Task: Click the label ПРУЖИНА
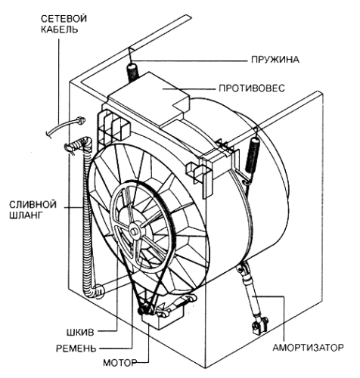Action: click(275, 60)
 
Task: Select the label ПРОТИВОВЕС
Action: click(252, 88)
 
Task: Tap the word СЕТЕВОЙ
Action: click(64, 19)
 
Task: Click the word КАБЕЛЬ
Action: click(59, 29)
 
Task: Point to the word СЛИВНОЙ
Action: click(33, 204)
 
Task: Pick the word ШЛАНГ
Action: click(25, 215)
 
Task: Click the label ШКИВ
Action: click(80, 333)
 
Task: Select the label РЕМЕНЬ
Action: click(76, 349)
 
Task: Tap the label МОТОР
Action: click(120, 363)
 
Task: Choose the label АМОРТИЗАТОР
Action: click(308, 348)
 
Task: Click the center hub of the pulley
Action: click(133, 231)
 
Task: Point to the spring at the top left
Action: click(134, 73)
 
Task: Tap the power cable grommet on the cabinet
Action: click(80, 120)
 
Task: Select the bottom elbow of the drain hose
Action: click(97, 291)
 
